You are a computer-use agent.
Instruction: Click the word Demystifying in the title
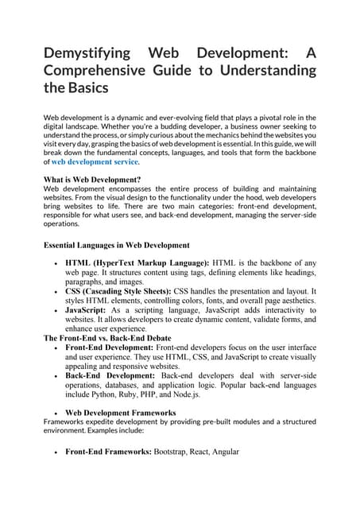87,54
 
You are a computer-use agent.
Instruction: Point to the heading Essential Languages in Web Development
116,244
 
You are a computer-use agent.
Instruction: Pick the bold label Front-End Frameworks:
107,451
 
